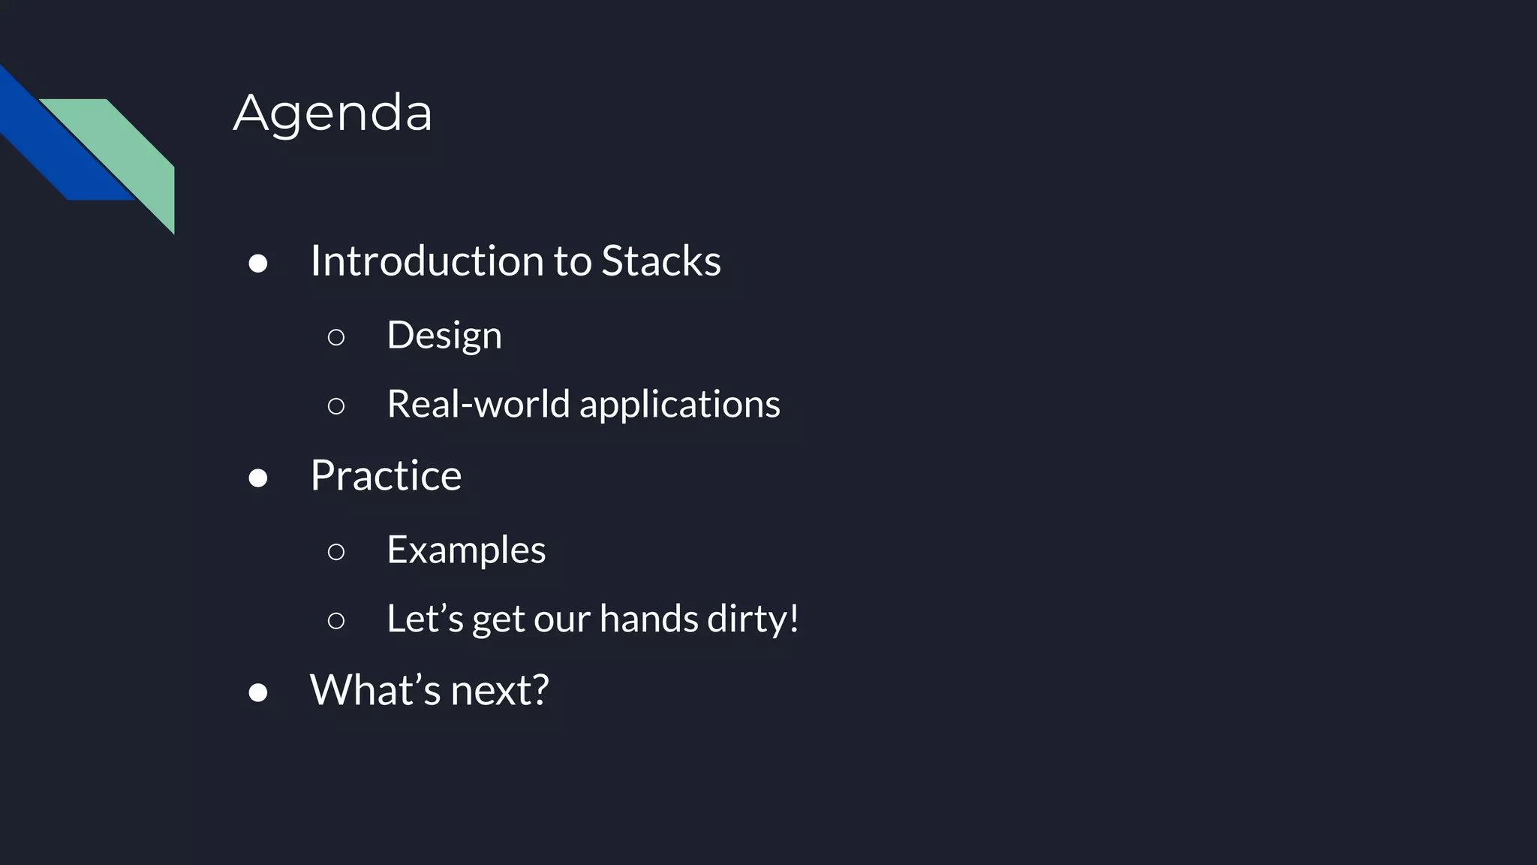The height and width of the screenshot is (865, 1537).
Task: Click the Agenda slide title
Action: click(x=332, y=113)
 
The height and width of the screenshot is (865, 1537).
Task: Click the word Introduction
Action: click(x=427, y=261)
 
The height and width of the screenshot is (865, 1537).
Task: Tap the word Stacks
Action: click(x=660, y=261)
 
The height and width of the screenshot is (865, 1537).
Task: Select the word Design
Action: click(x=444, y=335)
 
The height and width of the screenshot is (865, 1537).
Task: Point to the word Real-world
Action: click(x=478, y=404)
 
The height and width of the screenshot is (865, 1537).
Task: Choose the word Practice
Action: click(x=386, y=475)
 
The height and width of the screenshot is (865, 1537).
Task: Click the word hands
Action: click(x=648, y=619)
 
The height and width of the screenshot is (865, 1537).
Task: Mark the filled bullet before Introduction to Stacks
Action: click(x=258, y=264)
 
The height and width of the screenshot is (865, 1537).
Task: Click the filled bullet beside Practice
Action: click(x=258, y=478)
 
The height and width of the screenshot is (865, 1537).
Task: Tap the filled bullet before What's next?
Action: click(x=258, y=692)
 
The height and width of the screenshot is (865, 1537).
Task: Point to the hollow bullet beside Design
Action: click(x=336, y=337)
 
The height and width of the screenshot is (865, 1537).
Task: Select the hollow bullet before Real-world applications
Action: click(x=336, y=406)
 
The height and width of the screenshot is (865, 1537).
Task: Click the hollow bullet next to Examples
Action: click(x=336, y=552)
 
